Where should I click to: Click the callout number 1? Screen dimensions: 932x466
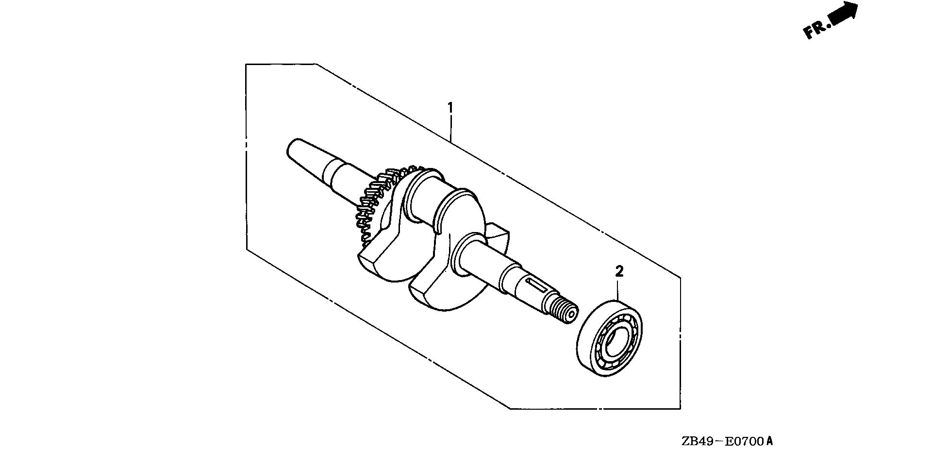[x=450, y=107]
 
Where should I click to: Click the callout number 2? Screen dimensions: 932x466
[x=619, y=271]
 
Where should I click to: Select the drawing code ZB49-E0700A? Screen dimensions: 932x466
[x=727, y=441]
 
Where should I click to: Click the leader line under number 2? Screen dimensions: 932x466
[x=618, y=290]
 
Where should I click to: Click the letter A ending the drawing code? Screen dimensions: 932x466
[x=769, y=441]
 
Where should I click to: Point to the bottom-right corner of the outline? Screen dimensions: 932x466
[x=680, y=408]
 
